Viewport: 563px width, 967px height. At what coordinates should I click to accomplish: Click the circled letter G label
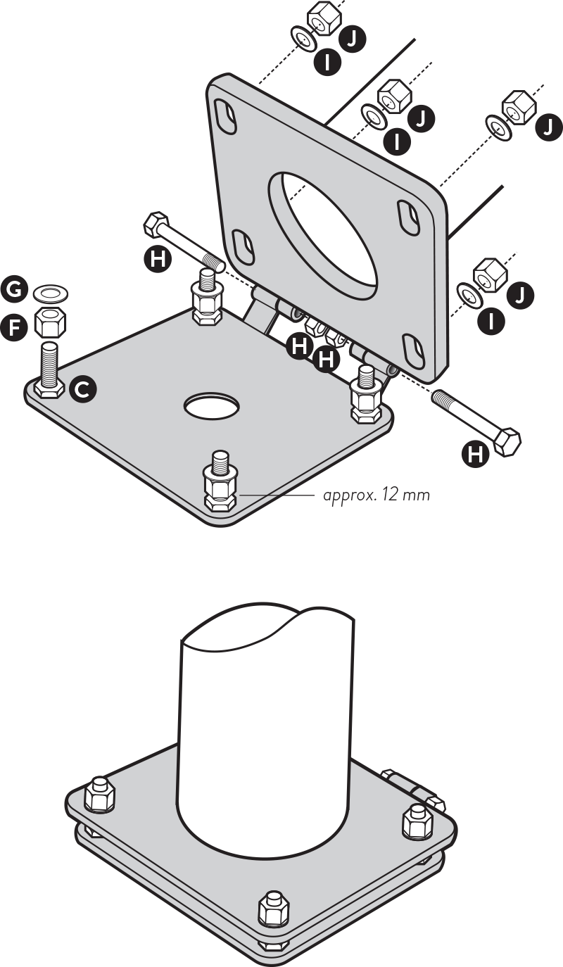point(14,290)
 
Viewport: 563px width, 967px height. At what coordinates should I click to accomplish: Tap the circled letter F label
point(14,328)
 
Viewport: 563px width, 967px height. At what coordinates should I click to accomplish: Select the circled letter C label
point(82,390)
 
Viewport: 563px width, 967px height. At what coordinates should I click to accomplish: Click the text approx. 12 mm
point(377,495)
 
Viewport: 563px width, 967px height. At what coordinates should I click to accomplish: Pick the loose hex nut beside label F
point(51,322)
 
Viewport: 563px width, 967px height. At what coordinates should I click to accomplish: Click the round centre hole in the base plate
point(212,406)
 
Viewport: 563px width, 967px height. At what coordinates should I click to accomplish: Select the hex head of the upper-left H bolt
point(156,224)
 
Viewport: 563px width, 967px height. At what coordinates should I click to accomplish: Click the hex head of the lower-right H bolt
point(507,442)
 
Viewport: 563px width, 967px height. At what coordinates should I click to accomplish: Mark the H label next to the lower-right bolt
point(476,454)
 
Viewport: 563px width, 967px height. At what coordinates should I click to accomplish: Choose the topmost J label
point(353,39)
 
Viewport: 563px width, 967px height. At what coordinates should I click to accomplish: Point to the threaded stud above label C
point(50,363)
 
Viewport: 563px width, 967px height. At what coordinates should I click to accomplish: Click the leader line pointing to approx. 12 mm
point(277,495)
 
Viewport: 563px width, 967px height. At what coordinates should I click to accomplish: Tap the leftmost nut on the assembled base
point(100,795)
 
